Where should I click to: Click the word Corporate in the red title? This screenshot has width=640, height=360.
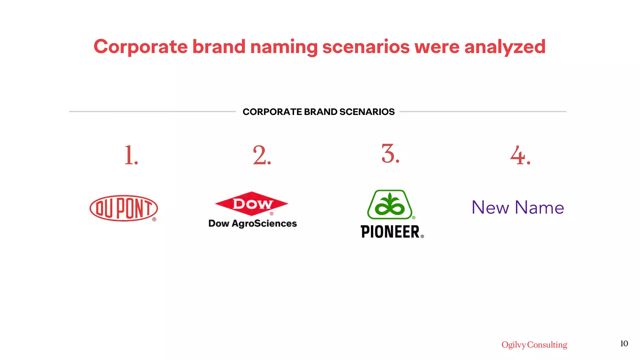coord(141,47)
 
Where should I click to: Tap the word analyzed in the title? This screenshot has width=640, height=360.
coord(505,47)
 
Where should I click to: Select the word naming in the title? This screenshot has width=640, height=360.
coord(284,47)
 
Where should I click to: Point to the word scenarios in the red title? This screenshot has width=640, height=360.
coord(366,47)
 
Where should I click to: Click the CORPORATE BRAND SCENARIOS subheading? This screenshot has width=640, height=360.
coord(318,112)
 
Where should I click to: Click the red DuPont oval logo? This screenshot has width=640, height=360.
coord(123,208)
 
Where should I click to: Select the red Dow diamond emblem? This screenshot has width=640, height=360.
coord(252,203)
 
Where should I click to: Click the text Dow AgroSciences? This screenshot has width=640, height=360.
coord(252,223)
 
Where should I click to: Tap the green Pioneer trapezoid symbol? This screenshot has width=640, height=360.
coord(390,205)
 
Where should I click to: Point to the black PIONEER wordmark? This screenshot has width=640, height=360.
coord(390,232)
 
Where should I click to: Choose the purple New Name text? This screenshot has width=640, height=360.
coord(518,207)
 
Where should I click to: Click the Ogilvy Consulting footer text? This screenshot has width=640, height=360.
coord(534,344)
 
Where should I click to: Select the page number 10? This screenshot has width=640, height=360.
coord(624,343)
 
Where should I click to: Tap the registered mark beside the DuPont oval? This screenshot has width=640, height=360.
coord(154,219)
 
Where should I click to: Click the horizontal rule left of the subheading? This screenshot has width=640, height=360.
coord(152,111)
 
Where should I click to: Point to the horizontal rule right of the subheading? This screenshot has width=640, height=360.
coord(483,111)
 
